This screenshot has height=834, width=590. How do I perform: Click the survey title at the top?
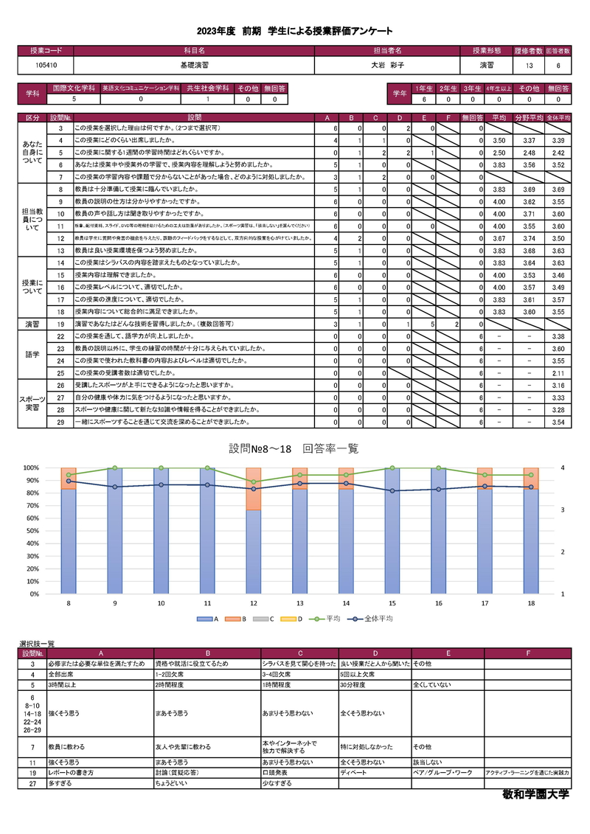tap(294, 31)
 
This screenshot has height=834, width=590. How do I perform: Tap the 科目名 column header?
tap(193, 51)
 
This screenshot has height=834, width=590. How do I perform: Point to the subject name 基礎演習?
tap(193, 66)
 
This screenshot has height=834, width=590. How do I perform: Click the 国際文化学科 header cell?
tap(73, 88)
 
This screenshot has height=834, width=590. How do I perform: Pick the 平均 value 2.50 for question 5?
tap(499, 152)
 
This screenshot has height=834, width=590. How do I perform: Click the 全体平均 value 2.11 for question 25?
tap(558, 373)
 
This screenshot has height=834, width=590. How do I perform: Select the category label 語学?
tap(32, 355)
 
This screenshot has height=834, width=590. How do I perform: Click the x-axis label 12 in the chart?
tap(253, 604)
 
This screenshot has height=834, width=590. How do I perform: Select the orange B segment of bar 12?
tap(253, 499)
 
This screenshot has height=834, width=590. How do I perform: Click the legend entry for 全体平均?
tap(375, 619)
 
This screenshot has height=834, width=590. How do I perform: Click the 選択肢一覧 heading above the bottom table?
tap(36, 644)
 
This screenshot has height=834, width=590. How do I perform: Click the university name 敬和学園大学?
tap(535, 795)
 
